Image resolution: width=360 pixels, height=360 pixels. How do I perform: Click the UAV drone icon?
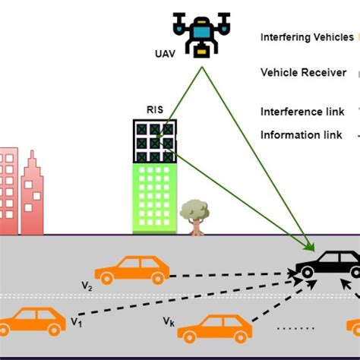point(201,33)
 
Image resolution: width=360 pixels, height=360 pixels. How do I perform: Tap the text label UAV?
point(165,53)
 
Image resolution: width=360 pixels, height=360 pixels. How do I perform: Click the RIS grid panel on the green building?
point(155,141)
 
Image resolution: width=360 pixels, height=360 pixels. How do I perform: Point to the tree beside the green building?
point(194,214)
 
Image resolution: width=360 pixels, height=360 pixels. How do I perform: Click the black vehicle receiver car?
point(329,267)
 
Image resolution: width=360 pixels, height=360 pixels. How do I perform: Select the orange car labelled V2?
point(132,269)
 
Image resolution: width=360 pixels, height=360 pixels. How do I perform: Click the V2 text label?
point(87,286)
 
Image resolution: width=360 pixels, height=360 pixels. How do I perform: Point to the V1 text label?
point(76,322)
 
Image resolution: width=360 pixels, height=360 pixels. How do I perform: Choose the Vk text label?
point(168,321)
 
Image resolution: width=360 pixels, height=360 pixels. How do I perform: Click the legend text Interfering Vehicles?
point(306,36)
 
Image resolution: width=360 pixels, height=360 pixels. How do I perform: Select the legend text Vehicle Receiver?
point(303,73)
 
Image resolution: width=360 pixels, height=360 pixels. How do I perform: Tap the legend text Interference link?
point(301,111)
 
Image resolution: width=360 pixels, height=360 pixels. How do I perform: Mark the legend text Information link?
point(301,135)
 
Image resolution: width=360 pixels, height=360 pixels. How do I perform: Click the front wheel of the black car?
point(308,273)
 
